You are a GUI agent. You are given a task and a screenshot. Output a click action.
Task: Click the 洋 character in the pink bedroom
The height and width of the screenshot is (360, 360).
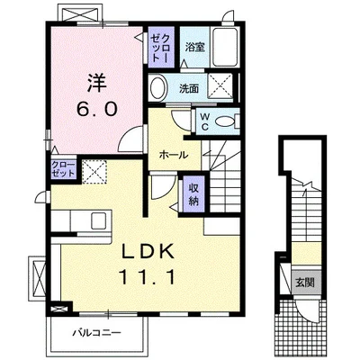coord(97,83)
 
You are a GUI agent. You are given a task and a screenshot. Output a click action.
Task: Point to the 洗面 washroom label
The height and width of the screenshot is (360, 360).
coord(188,88)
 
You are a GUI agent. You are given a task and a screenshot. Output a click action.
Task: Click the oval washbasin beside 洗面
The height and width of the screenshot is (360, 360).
coord(158,88)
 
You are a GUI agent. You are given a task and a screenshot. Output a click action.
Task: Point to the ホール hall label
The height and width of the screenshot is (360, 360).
coord(173,155)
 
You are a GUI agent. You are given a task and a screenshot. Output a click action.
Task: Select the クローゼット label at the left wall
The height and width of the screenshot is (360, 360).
coord(39,169)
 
